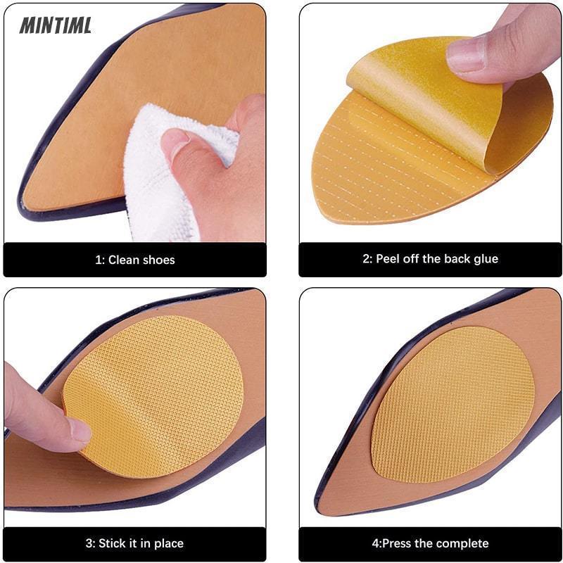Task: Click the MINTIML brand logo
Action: coord(56,25)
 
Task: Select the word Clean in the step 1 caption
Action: coord(123,260)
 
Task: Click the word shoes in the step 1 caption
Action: coord(158,260)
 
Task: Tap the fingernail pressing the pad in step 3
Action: coord(80,431)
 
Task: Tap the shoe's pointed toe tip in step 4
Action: coord(319,502)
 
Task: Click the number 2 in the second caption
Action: coord(365,259)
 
